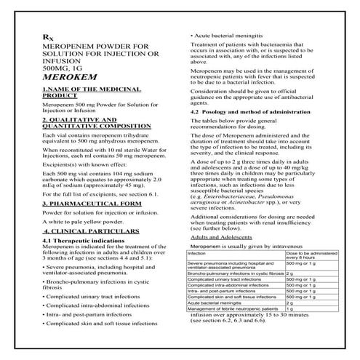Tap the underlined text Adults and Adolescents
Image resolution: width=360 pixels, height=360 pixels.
217,237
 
